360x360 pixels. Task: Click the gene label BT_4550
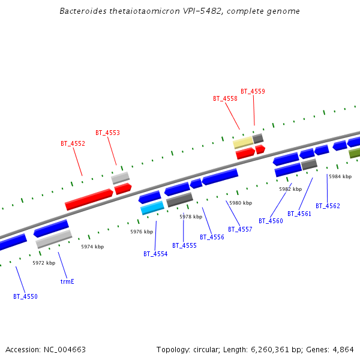point(25,296)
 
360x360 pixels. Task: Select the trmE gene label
point(67,281)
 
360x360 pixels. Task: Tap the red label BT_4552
point(73,144)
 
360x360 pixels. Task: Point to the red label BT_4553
point(107,133)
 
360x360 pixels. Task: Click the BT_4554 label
point(155,254)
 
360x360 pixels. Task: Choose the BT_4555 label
point(184,245)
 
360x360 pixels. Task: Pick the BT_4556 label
point(212,237)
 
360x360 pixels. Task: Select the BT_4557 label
point(240,229)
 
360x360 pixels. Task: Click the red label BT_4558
point(225,98)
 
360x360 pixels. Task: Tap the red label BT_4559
point(253,91)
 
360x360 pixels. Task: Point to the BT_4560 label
point(271,221)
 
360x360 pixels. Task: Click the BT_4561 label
point(299,214)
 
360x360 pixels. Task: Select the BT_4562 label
point(328,206)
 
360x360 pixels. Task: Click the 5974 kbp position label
point(92,247)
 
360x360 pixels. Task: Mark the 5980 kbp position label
point(240,203)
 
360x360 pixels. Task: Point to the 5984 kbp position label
point(340,176)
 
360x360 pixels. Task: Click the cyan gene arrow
point(152,208)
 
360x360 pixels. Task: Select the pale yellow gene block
point(243,142)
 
